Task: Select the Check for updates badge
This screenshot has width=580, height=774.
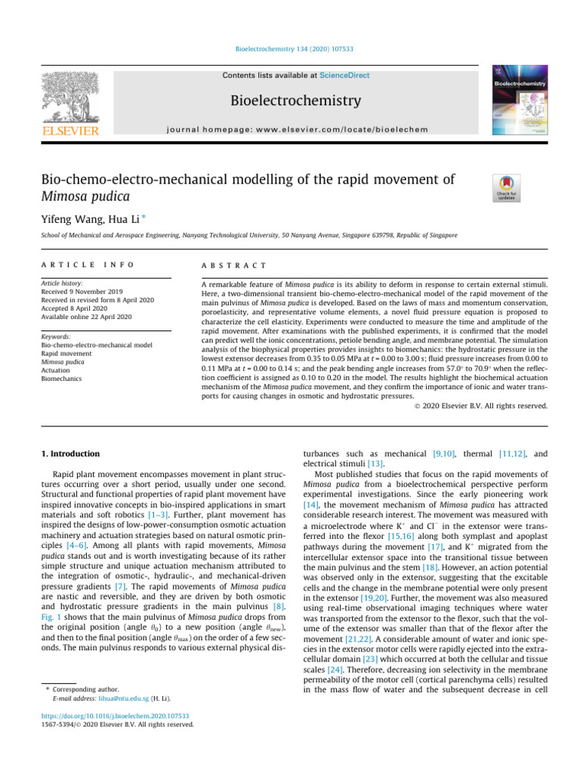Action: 505,188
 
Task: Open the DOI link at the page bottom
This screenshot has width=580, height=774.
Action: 115,715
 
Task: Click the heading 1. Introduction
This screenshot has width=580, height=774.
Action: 69,454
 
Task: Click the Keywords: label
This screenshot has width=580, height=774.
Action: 57,336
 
